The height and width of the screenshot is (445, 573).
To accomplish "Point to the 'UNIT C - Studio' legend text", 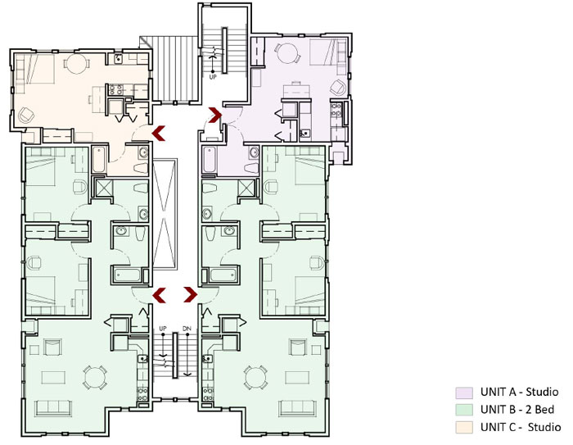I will (521, 427).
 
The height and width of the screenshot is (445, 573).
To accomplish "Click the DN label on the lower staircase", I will (186, 329).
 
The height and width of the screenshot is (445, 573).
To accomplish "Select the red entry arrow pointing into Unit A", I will (216, 116).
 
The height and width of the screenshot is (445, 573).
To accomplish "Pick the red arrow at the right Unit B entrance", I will (191, 293).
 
